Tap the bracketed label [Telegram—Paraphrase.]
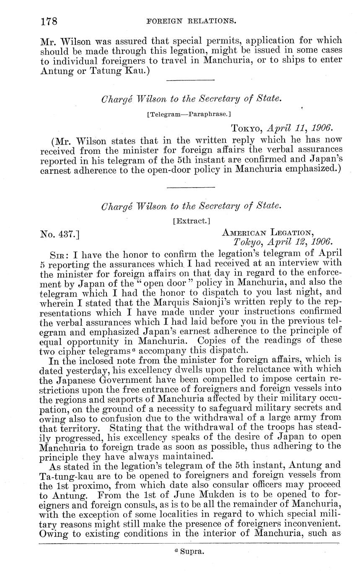click(x=189, y=114)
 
